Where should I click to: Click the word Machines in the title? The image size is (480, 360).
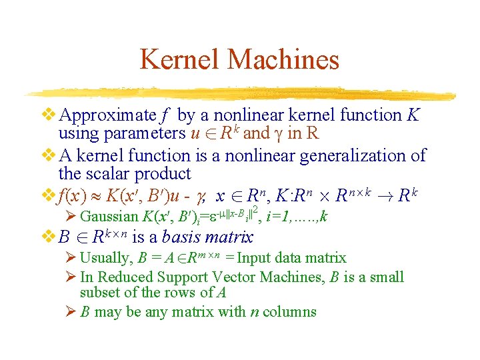pos(283,60)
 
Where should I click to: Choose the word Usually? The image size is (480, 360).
pos(105,258)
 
